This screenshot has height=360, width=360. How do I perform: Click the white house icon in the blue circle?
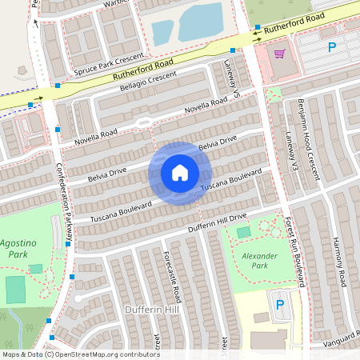click(x=180, y=172)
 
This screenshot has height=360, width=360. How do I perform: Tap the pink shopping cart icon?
click(x=279, y=54)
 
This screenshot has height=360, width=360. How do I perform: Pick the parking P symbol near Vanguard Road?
click(x=279, y=305)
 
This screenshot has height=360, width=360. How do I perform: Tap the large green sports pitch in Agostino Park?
click(x=16, y=290)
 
